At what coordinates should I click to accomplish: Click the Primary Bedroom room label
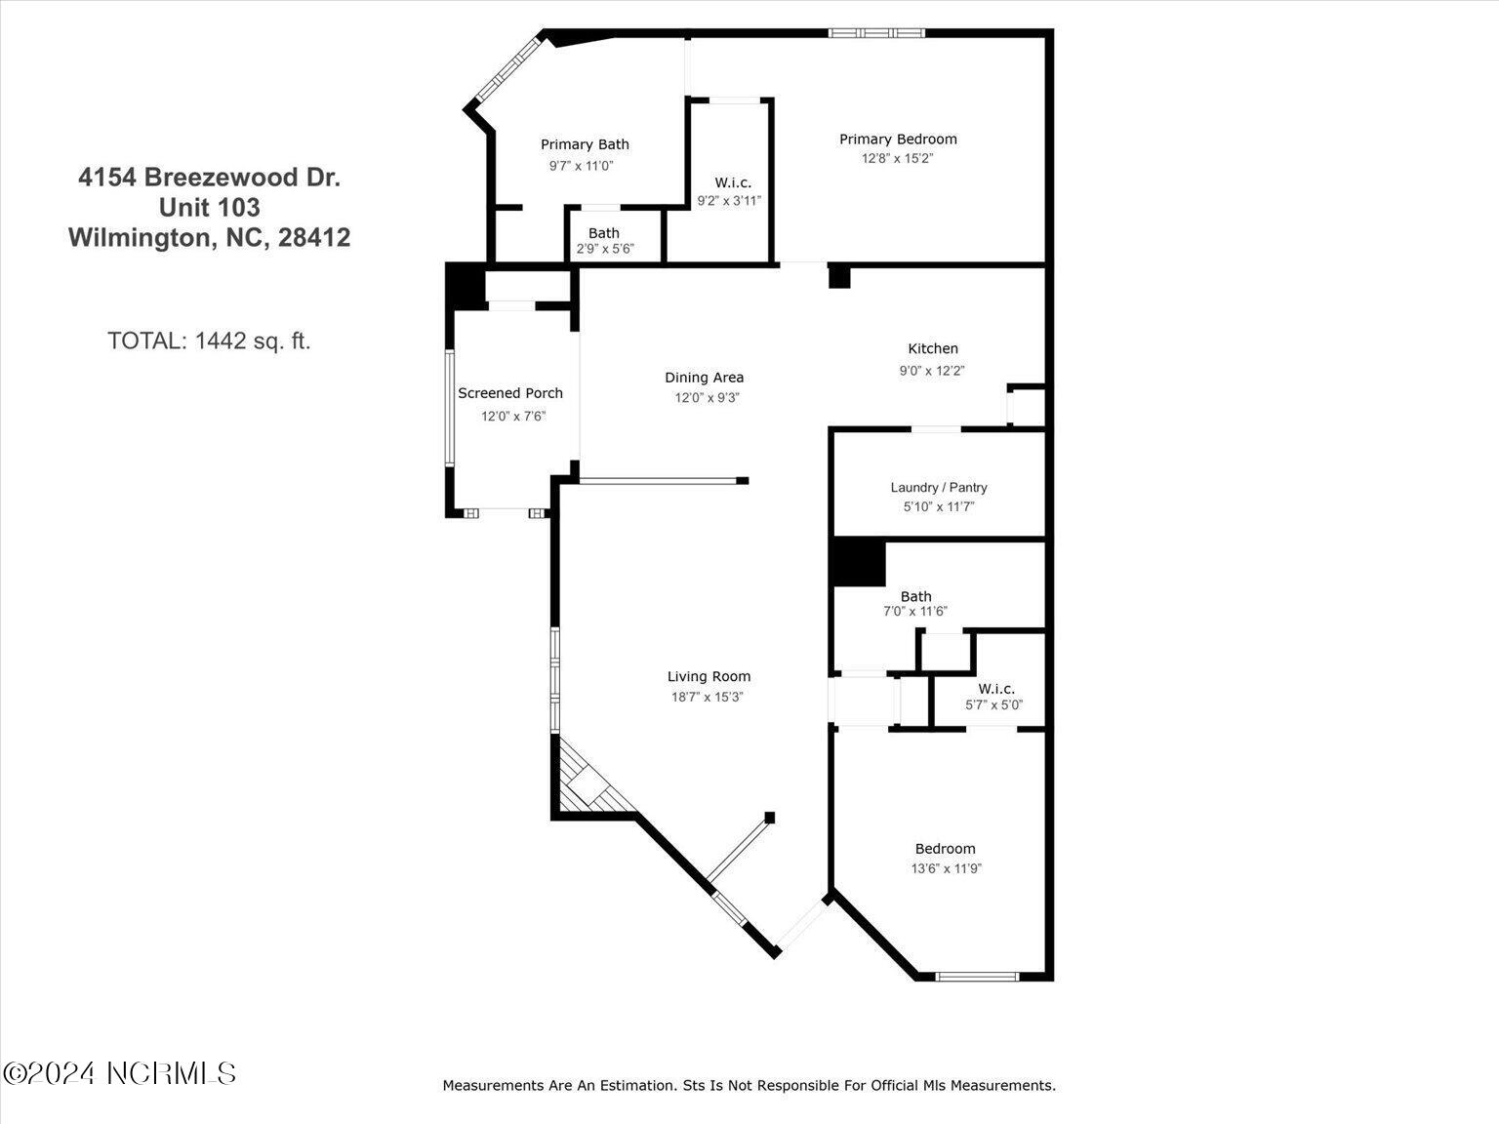898,140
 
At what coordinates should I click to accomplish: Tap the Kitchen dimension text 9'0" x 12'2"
931,371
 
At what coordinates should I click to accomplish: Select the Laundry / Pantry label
938,487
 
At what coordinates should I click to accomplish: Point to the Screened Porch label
510,393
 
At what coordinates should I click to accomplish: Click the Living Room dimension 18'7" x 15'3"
707,697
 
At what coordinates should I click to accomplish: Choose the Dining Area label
704,378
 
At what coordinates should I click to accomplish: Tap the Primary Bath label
585,144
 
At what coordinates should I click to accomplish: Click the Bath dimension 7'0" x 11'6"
915,612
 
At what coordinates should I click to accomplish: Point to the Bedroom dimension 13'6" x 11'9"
946,868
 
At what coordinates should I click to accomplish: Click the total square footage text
209,341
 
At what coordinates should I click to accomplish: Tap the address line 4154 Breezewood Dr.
209,178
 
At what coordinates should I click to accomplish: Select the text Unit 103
209,208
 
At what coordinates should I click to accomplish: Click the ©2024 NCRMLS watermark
119,1073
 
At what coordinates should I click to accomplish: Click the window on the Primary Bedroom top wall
877,33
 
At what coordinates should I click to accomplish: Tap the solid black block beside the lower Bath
859,563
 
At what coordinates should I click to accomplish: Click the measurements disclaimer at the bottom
749,1085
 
